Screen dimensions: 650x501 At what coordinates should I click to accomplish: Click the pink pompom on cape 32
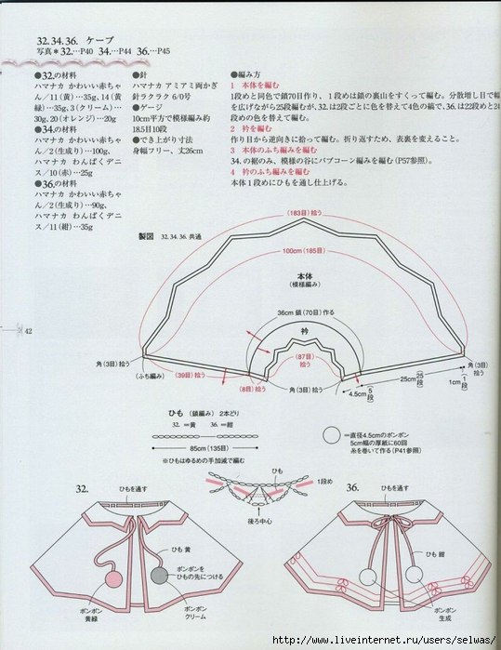[114, 577]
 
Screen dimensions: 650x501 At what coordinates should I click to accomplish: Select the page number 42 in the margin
[28, 331]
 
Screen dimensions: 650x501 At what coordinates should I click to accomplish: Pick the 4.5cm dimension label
[358, 393]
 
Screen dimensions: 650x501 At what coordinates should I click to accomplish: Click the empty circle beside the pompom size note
[330, 432]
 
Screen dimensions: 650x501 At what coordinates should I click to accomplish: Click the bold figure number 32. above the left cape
[82, 487]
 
